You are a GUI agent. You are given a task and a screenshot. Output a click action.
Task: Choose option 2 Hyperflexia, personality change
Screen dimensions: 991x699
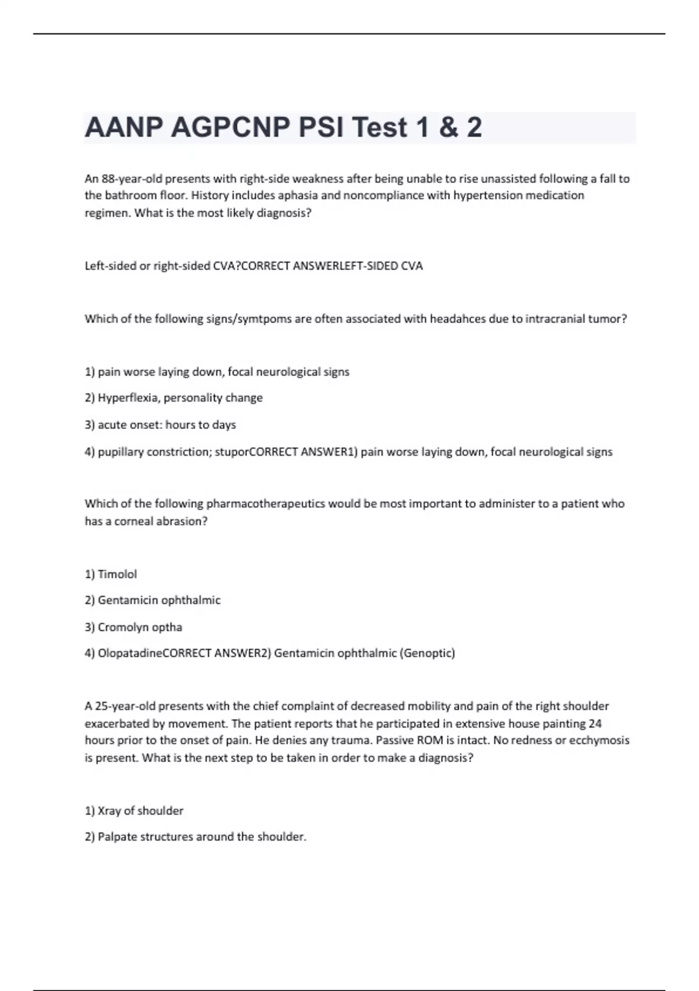(x=174, y=398)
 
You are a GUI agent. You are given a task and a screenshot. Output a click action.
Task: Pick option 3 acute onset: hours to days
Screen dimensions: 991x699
(x=160, y=425)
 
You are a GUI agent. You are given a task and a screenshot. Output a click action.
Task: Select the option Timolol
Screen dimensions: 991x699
(x=117, y=574)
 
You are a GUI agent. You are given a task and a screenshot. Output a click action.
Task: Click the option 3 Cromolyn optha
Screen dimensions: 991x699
(x=133, y=627)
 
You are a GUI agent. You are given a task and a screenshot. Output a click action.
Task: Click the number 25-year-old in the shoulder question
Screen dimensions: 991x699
(x=125, y=707)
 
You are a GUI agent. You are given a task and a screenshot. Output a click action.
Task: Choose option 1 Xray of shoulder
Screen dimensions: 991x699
(x=134, y=811)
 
